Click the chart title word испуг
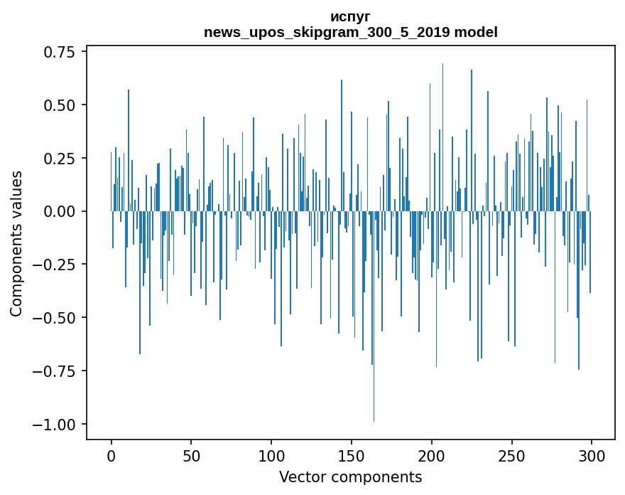(x=350, y=16)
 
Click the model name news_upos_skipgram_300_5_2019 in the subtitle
(x=327, y=32)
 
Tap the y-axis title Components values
(x=16, y=243)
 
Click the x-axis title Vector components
(x=350, y=477)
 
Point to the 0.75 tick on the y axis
(x=62, y=52)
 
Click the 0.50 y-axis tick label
(x=62, y=105)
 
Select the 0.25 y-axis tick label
(x=62, y=158)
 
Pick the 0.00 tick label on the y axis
(x=62, y=211)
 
